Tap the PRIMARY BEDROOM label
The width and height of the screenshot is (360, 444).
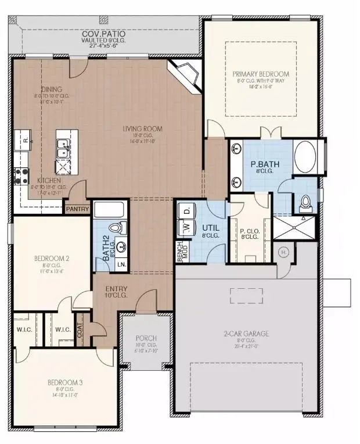tap(261, 74)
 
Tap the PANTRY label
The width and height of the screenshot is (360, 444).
tap(78, 209)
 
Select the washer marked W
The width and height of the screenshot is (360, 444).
tap(187, 228)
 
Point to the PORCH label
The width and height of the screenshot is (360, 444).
tap(145, 338)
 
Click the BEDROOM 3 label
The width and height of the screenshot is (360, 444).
tap(64, 382)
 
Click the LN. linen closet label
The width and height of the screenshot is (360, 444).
tap(123, 264)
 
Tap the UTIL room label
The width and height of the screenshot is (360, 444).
tap(210, 227)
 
